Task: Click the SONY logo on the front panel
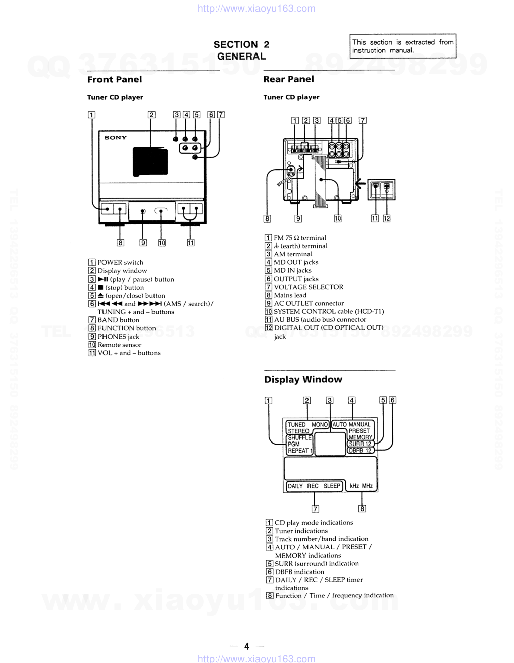point(115,138)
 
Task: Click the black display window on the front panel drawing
point(150,161)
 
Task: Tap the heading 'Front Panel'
point(115,79)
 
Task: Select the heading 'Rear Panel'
point(288,79)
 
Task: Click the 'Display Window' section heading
point(303,379)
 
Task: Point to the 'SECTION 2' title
point(241,44)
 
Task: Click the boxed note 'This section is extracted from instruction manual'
point(402,46)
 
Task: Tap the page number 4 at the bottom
point(247,646)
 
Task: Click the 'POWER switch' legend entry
point(120,262)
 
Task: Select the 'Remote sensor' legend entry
point(119,345)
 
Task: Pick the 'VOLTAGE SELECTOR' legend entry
point(308,287)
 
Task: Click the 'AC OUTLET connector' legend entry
point(309,303)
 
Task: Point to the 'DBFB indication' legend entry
point(299,572)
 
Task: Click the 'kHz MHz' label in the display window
point(361,486)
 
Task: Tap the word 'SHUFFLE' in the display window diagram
point(299,437)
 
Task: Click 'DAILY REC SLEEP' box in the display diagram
point(314,486)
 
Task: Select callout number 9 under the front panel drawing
point(143,243)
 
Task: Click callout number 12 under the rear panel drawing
point(387,218)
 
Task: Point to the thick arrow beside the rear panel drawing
point(360,183)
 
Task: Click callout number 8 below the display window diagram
point(362,509)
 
